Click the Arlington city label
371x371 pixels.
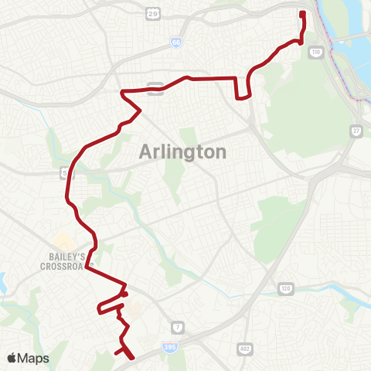click(183, 151)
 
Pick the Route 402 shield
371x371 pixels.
click(245, 349)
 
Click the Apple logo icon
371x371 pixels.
click(12, 358)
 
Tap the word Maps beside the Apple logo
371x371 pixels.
click(34, 358)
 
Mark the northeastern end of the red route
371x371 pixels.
click(302, 13)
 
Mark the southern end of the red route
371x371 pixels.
click(132, 357)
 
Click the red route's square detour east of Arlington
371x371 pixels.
click(243, 89)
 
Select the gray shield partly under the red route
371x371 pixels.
click(157, 87)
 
